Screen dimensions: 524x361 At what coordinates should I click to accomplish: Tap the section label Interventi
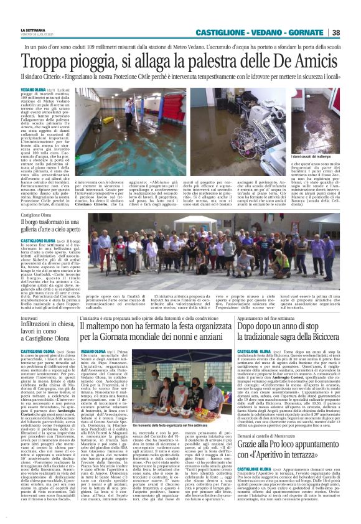click(x=30, y=318)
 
